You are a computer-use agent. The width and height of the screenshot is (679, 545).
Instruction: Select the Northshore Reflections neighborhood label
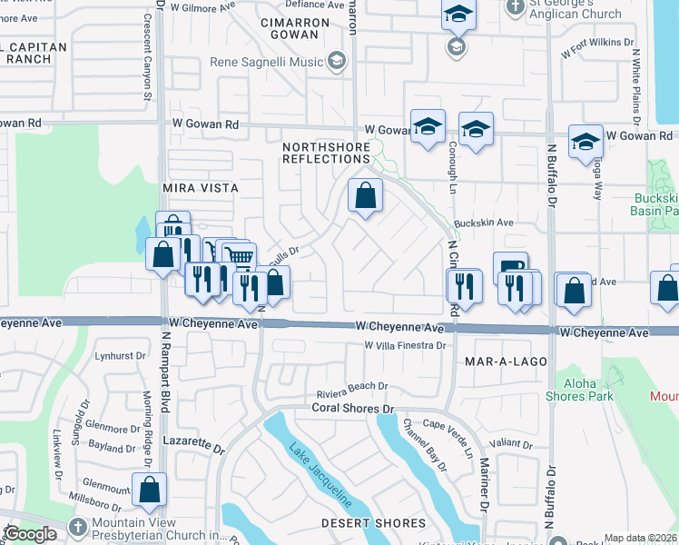click(x=326, y=153)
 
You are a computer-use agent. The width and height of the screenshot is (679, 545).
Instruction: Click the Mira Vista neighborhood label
click(x=200, y=188)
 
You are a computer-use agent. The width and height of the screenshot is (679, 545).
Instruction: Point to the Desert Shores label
click(x=373, y=523)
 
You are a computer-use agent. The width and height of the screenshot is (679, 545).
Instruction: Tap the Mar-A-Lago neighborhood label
click(x=506, y=362)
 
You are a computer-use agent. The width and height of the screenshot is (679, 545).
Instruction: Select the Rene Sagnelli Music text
click(x=267, y=61)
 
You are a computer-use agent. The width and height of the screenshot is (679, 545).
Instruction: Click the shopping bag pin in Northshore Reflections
click(x=365, y=195)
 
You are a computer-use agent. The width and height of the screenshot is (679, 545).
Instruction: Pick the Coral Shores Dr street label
click(x=355, y=409)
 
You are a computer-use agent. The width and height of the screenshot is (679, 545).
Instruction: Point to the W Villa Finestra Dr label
click(x=405, y=346)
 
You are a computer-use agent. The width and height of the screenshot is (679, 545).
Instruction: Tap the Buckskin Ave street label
click(x=484, y=223)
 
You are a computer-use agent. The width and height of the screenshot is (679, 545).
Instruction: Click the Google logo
click(x=32, y=534)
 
